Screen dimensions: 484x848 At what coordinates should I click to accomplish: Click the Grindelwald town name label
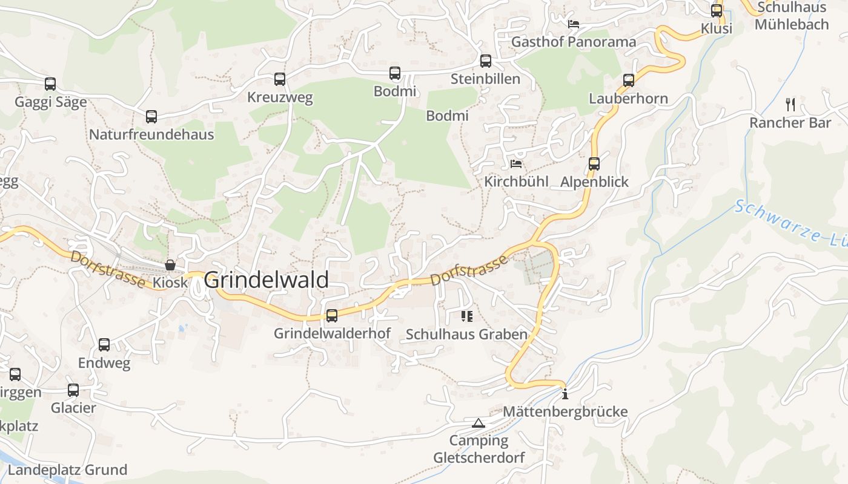coord(267,280)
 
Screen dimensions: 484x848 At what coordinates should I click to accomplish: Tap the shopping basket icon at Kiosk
coord(170,265)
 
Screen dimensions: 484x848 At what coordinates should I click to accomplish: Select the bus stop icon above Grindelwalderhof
coord(332,315)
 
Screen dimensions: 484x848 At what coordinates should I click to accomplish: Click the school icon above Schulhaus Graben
coord(466,316)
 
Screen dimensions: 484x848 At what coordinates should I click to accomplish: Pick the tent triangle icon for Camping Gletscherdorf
coord(479,423)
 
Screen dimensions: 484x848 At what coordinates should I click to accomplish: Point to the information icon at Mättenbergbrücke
coord(565,394)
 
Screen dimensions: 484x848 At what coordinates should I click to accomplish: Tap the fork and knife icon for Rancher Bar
coord(790,104)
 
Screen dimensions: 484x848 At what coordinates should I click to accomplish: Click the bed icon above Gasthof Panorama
coord(574,24)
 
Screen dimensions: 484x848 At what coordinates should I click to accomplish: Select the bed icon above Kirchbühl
coord(516,164)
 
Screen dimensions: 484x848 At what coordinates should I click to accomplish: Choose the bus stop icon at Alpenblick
coord(594,163)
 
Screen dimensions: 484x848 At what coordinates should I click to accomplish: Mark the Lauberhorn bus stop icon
coord(629,80)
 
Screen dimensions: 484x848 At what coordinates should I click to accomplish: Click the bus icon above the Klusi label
coord(717,10)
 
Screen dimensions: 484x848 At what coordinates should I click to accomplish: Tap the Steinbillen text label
coord(485,79)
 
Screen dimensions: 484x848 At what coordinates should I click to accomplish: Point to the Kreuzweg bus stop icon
coord(280,79)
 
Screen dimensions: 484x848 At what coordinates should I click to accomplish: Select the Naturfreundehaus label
coord(151,134)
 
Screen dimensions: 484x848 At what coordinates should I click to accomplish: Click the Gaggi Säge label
coord(51,102)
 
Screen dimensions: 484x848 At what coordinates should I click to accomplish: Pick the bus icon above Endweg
coord(104,345)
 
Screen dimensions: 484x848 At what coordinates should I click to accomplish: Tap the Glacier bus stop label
coord(73,408)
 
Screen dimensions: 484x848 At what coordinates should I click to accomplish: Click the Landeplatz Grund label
coord(67,470)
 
